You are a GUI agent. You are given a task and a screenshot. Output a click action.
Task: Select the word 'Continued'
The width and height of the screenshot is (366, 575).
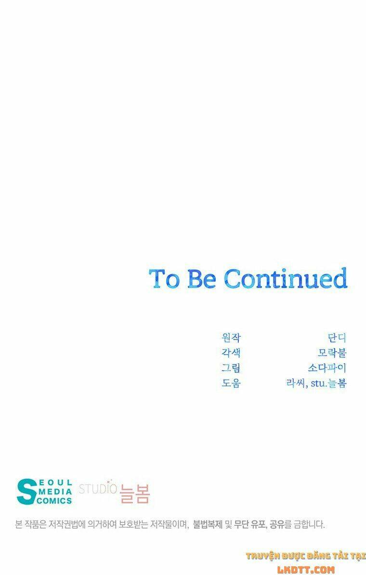click(x=286, y=278)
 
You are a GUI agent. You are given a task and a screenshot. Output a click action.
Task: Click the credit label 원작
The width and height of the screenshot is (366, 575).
click(x=231, y=337)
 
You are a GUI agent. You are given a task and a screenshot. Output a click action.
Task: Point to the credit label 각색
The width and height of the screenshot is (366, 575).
click(x=231, y=353)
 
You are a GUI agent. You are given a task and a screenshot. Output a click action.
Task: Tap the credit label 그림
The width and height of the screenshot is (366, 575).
click(x=231, y=368)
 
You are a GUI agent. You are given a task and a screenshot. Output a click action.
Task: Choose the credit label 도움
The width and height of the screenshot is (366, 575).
click(x=231, y=383)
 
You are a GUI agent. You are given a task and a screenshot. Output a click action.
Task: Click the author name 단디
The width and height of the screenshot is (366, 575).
click(x=337, y=337)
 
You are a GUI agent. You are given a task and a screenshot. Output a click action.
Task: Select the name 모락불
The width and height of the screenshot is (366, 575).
click(x=332, y=353)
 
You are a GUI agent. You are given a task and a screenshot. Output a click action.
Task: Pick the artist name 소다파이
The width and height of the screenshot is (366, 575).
click(x=327, y=368)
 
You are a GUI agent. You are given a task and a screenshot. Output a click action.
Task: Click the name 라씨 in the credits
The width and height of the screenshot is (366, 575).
click(x=296, y=383)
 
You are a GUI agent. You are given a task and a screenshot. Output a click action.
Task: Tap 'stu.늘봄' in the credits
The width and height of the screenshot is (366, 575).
click(x=328, y=383)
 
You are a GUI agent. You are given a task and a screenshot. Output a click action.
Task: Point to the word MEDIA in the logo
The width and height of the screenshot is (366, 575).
click(x=54, y=492)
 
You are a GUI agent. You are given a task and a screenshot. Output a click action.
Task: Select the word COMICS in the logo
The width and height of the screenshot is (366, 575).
click(x=54, y=501)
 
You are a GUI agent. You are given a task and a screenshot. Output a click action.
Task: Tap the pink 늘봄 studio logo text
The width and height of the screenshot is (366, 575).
click(x=135, y=493)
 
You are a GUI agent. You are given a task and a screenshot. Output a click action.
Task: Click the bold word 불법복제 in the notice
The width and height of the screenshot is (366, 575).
click(x=208, y=525)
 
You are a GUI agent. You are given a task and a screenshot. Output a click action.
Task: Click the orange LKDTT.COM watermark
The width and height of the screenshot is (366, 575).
click(x=306, y=570)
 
